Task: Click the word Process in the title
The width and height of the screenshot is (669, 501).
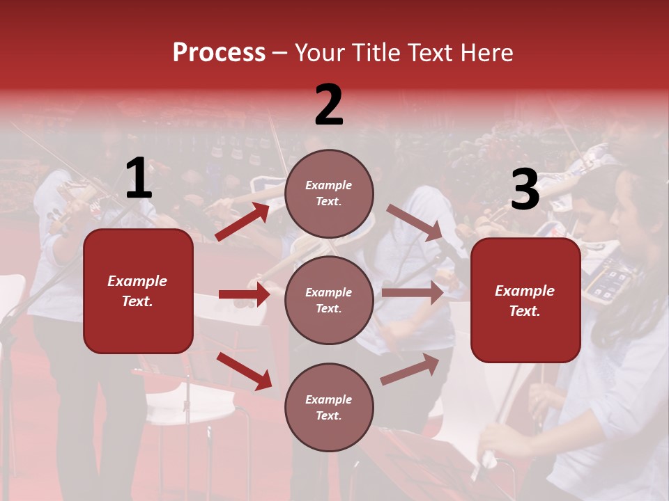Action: pos(219,52)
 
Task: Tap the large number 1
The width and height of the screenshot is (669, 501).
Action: pos(139,179)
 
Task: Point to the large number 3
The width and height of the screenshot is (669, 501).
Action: pos(525,190)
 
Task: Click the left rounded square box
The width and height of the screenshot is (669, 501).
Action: pos(138,291)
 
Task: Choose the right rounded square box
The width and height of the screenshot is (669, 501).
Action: pos(525,300)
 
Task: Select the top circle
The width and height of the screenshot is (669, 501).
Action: pos(329,193)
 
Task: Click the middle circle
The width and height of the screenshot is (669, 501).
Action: pos(329,300)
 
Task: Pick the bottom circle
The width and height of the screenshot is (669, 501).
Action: pos(329,407)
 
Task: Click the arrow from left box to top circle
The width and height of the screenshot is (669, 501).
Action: pos(243,221)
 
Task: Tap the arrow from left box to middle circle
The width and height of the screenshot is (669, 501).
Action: pos(244,294)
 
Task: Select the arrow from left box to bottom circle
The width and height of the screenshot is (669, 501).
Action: pos(244,371)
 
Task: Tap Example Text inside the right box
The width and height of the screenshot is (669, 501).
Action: pos(525,301)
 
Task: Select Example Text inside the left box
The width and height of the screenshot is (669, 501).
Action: pos(137,291)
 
